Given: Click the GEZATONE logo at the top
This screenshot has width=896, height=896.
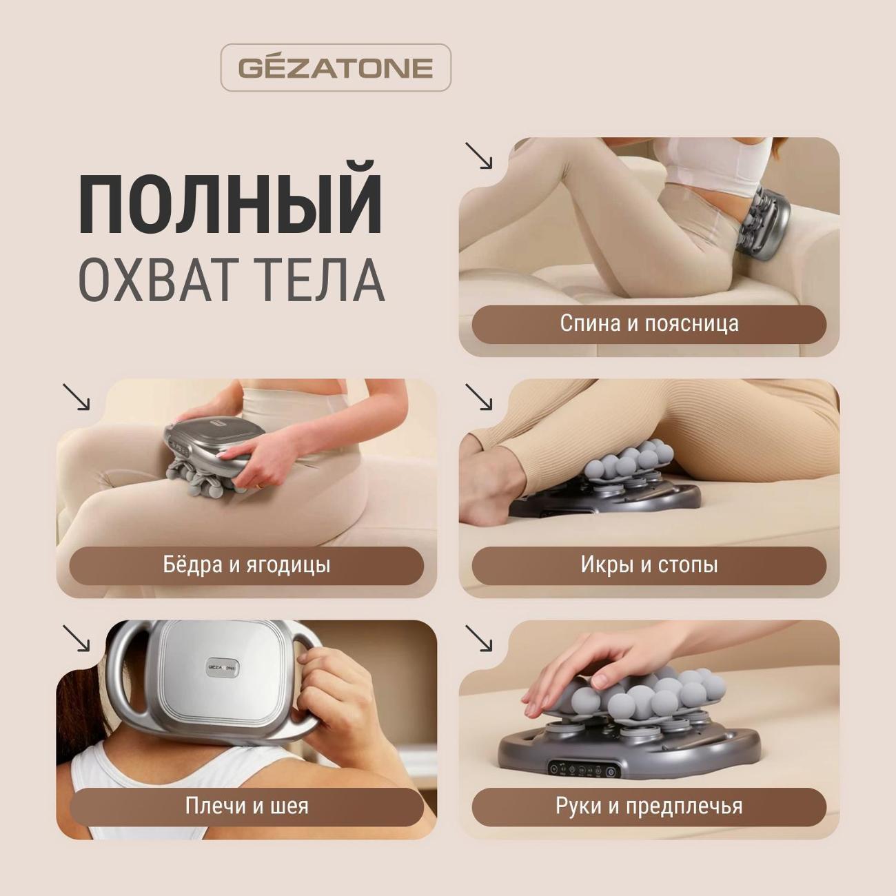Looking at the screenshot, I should point(336,68).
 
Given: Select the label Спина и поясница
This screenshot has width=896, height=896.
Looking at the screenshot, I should point(649,324).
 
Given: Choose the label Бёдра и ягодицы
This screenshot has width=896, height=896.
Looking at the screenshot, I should point(246,565).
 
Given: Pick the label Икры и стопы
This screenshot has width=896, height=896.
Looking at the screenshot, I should point(649,565).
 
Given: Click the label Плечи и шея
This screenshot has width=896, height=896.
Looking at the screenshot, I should point(246,806).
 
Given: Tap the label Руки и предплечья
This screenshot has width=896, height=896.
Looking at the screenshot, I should point(649,806).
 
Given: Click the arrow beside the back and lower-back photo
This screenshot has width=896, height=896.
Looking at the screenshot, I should point(478,155).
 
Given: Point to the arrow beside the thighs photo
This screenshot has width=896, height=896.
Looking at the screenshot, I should point(76,397).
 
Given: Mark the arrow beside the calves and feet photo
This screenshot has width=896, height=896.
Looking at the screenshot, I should point(478,397).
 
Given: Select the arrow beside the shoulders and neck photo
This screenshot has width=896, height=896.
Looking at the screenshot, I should point(76,638).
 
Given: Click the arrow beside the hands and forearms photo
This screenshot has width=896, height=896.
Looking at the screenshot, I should point(478,638).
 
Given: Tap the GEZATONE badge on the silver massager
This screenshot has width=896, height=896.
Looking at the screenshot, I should point(223,667).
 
